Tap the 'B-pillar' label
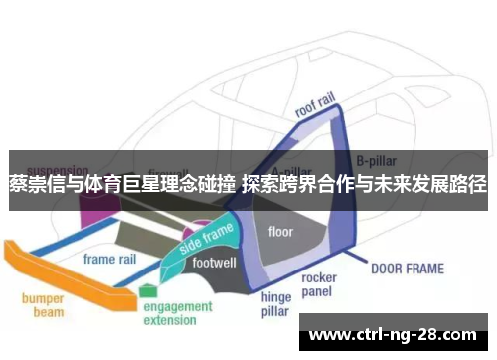tap(379, 158)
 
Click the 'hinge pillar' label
tap(275, 304)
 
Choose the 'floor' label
tap(281, 232)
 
